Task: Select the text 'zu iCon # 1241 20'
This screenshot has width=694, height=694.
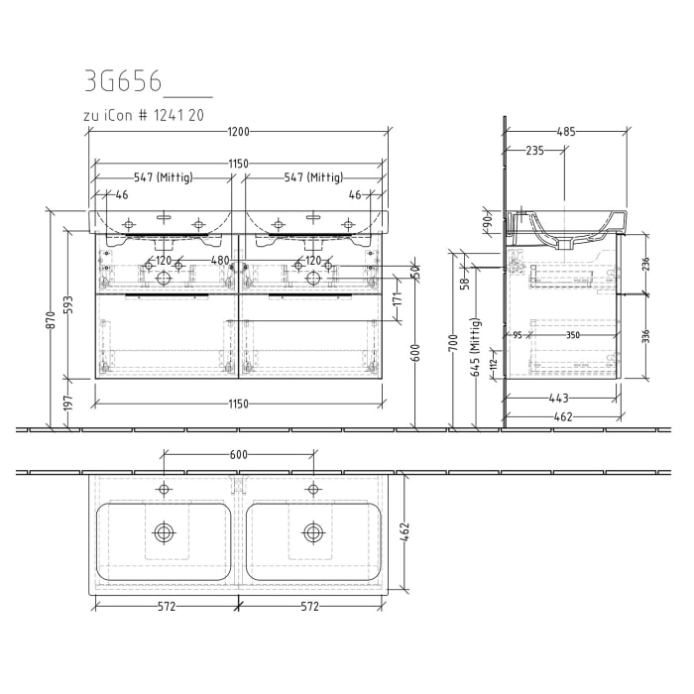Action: point(145,116)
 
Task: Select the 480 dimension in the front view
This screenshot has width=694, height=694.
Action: point(219,261)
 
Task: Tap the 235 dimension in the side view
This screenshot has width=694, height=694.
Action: point(534,151)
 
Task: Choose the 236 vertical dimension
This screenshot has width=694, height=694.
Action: point(644,264)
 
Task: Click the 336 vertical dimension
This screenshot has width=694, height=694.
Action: point(644,336)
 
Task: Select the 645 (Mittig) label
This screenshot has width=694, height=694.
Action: point(475,347)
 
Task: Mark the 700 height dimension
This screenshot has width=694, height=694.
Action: point(453,343)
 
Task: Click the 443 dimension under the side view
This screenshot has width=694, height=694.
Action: point(561,399)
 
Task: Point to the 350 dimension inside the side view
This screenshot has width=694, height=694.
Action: point(573,335)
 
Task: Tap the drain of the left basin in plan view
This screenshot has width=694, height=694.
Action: point(164,532)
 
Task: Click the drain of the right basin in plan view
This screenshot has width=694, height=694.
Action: point(312,532)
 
